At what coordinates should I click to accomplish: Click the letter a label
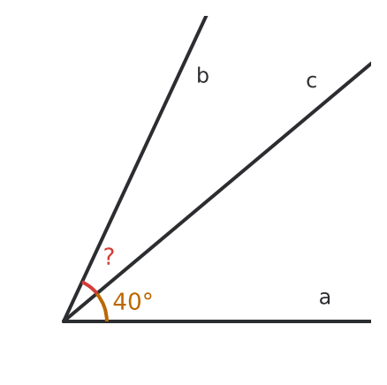pyautogui.click(x=324, y=298)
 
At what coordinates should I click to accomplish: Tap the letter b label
pyautogui.click(x=202, y=75)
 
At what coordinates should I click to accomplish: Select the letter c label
pyautogui.click(x=312, y=81)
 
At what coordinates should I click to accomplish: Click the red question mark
pyautogui.click(x=109, y=256)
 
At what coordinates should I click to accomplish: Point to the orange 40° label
pyautogui.click(x=133, y=301)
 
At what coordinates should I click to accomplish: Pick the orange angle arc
pyautogui.click(x=103, y=306)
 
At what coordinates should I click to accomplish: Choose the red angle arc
pyautogui.click(x=89, y=287)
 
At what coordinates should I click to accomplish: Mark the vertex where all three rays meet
pyautogui.click(x=64, y=321)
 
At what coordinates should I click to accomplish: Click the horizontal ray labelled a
pyautogui.click(x=217, y=321)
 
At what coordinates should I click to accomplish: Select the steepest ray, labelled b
pyautogui.click(x=135, y=169)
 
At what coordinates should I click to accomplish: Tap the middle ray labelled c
pyautogui.click(x=217, y=192)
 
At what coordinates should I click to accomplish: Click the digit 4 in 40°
pyautogui.click(x=120, y=302)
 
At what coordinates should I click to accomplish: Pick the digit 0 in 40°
pyautogui.click(x=134, y=302)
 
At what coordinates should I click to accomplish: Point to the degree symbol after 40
pyautogui.click(x=148, y=297)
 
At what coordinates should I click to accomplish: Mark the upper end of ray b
pyautogui.click(x=206, y=16)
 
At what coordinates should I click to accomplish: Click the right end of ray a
pyautogui.click(x=371, y=321)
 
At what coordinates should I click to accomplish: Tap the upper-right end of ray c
pyautogui.click(x=371, y=64)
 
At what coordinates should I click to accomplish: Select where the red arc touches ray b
pyautogui.click(x=82, y=283)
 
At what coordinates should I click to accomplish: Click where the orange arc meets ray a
pyautogui.click(x=107, y=321)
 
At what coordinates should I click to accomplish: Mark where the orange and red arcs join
pyautogui.click(x=96, y=293)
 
